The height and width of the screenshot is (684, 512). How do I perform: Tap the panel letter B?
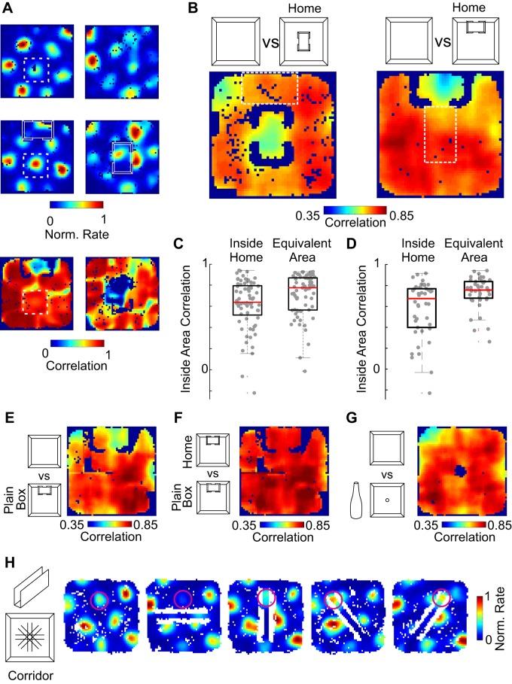[193, 9]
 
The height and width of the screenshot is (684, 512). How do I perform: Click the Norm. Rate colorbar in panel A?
[75, 203]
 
